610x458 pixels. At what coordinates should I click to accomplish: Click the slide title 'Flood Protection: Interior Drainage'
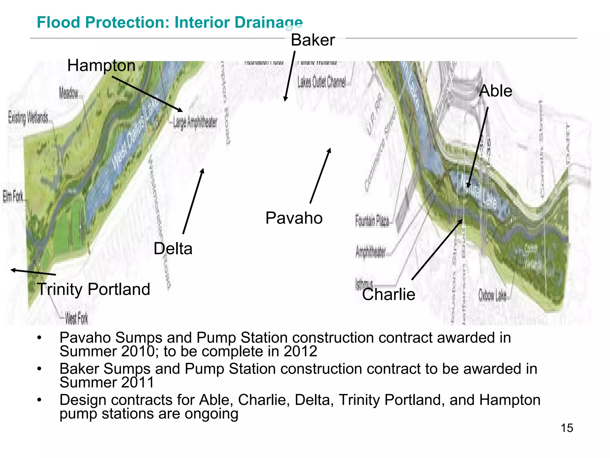[169, 22]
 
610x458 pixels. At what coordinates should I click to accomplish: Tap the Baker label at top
[313, 40]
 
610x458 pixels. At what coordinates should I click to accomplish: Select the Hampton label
[101, 66]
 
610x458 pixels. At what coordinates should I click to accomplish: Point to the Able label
[496, 91]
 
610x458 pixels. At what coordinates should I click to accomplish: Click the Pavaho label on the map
[294, 218]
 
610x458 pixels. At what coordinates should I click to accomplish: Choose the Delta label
[173, 248]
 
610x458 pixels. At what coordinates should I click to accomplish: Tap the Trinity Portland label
[93, 289]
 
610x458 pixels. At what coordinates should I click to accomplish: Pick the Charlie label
[389, 294]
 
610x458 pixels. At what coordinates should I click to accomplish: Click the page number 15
[567, 428]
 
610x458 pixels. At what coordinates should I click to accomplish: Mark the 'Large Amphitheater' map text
[195, 123]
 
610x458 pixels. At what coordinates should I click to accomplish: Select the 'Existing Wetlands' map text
[28, 117]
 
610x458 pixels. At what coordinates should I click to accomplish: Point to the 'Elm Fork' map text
[13, 196]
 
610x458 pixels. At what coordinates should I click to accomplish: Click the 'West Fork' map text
[77, 318]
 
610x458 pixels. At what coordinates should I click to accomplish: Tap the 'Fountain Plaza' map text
[372, 221]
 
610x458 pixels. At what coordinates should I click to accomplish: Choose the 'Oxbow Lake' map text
[492, 295]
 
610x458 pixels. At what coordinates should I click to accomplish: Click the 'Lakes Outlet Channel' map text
[322, 82]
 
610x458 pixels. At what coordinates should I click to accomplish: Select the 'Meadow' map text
[69, 93]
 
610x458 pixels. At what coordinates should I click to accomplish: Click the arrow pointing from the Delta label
[193, 201]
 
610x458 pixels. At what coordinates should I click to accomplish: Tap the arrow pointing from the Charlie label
[437, 250]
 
